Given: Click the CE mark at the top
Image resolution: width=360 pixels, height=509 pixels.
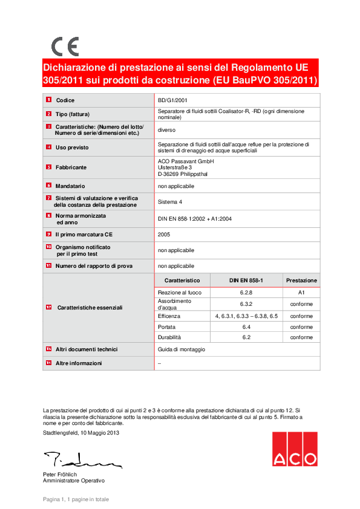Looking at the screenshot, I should point(65,46).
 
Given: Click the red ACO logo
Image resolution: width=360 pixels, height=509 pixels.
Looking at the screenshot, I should point(293,449).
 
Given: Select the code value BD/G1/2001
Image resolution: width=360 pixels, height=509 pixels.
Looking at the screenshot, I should point(172,100).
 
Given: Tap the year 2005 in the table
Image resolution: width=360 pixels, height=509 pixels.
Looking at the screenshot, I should point(164,234).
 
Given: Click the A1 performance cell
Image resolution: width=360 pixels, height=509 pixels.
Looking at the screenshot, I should point(301,293).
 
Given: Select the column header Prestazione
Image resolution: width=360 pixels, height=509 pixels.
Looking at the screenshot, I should point(301,280).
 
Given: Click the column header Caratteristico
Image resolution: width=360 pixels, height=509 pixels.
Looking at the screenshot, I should point(182,280).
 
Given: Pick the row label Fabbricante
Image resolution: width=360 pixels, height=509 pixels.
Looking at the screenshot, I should point(71,167).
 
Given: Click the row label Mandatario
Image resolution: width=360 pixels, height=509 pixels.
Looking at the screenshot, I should point(70,186).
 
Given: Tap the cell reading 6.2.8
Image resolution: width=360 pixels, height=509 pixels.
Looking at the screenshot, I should point(246,293).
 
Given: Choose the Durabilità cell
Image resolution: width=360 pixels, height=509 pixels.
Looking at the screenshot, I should point(169,337).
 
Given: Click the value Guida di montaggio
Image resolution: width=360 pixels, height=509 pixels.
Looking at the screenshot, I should point(181,349).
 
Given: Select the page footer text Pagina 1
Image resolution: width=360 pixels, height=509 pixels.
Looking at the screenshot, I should point(76,499).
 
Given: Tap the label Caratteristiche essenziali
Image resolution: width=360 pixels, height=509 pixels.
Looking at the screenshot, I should point(90,308).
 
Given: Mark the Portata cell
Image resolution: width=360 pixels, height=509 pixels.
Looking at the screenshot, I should point(166,326).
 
